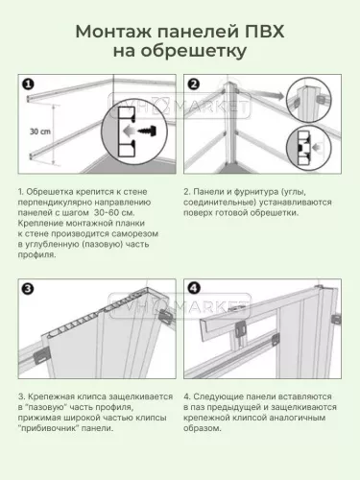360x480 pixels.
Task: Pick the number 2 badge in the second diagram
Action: coord(193,84)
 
